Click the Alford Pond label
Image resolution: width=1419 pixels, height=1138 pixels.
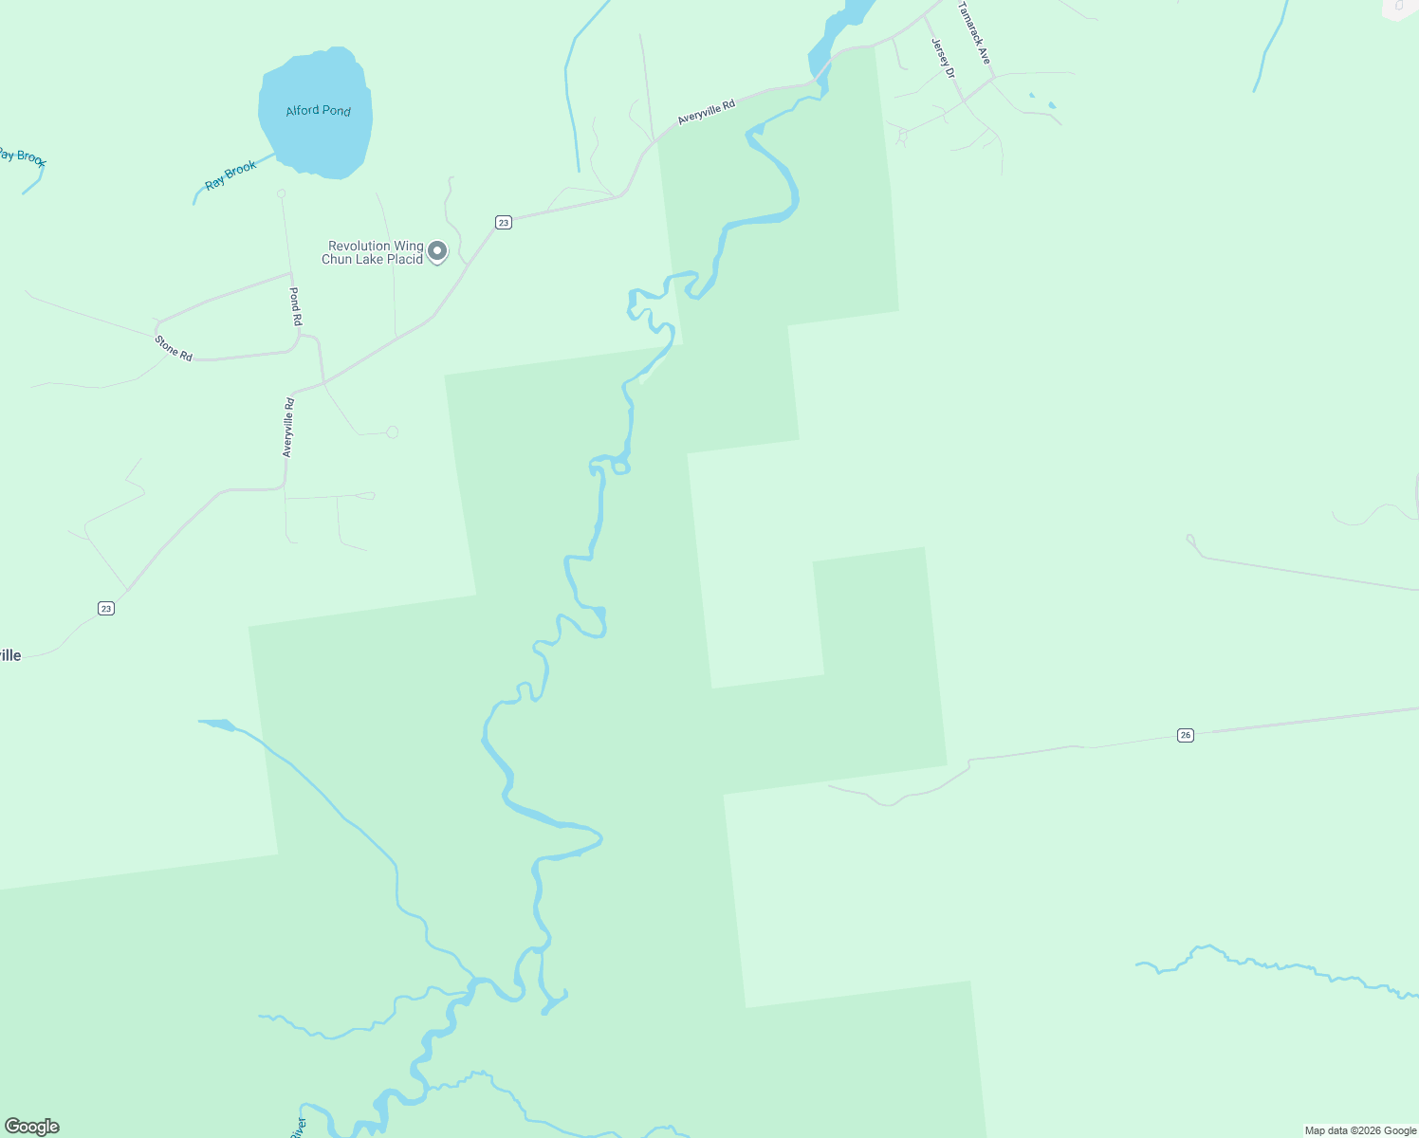pos(319,111)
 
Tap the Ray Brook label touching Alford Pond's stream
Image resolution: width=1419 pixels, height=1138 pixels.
pos(231,174)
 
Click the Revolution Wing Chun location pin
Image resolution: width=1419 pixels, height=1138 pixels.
pos(437,251)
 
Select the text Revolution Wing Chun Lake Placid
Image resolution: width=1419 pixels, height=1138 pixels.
pos(373,252)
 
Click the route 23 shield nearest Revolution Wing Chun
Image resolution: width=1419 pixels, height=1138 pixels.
pos(503,223)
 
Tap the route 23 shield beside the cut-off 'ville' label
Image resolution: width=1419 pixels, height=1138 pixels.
pos(106,609)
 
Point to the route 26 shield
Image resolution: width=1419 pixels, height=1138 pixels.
pos(1185,735)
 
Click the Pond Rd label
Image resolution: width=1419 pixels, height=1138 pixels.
pos(295,306)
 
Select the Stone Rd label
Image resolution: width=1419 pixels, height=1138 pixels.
pos(175,348)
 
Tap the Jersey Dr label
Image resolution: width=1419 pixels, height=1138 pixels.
pos(943,59)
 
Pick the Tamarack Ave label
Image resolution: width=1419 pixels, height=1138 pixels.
pos(974,33)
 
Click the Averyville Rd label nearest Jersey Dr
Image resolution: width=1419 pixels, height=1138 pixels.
pos(707,113)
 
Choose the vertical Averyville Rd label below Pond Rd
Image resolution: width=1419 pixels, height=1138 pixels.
pos(288,428)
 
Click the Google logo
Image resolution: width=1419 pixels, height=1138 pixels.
pos(32,1127)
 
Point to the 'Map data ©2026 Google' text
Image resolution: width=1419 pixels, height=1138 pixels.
pos(1360,1130)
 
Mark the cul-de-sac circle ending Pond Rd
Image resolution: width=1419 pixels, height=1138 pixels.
pos(281,193)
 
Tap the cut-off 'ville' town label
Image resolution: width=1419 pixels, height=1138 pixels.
pos(9,655)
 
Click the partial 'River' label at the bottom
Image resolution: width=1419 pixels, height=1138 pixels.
pos(298,1128)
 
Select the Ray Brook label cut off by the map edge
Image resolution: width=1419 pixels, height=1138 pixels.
pos(21,157)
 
